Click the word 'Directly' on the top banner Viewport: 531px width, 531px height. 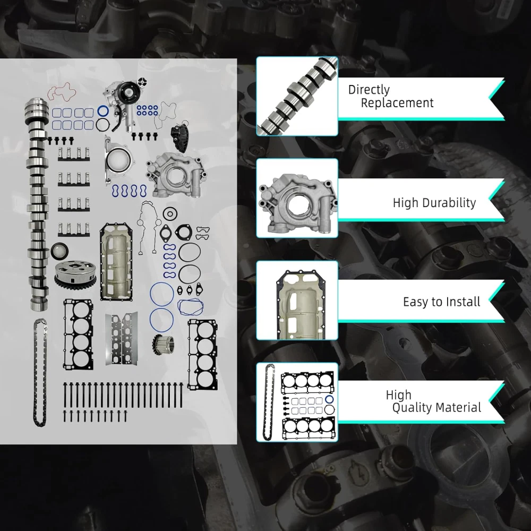coord(369,90)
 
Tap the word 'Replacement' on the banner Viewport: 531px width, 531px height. coord(397,103)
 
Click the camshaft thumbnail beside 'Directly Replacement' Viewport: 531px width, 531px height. coord(297,97)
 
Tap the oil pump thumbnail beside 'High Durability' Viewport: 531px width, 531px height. coord(297,198)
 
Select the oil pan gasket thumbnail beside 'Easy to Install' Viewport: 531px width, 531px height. coord(297,301)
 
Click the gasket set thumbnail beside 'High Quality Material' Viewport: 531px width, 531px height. coord(297,402)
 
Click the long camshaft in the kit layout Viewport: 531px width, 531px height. coord(37,203)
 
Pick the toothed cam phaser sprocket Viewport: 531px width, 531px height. coord(75,275)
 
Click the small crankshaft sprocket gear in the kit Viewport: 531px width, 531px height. coord(164,345)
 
